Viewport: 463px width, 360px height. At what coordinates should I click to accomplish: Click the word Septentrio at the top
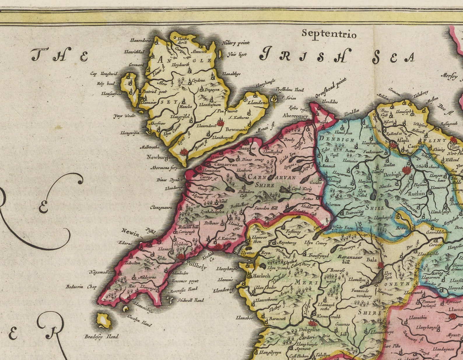(329, 34)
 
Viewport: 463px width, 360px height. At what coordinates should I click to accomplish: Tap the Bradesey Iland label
(101, 337)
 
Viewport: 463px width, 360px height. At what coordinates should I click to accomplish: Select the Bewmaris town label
(236, 129)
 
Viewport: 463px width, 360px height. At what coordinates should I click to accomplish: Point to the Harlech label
(262, 276)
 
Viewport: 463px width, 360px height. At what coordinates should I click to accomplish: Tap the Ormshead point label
(331, 88)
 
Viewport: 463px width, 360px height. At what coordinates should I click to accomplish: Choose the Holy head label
(106, 84)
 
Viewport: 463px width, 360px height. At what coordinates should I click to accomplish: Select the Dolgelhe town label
(309, 330)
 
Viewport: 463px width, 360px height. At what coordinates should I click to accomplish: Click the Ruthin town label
(416, 193)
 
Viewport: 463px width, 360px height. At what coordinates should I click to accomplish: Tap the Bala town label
(371, 260)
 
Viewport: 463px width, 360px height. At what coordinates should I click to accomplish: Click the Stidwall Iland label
(191, 300)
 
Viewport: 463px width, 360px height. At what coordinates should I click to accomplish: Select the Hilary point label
(236, 43)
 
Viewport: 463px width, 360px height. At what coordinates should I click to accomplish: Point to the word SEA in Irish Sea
(393, 57)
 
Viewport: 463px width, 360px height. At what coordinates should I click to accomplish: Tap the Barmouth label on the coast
(277, 319)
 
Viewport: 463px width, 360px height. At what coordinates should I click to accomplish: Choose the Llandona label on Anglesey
(257, 103)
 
